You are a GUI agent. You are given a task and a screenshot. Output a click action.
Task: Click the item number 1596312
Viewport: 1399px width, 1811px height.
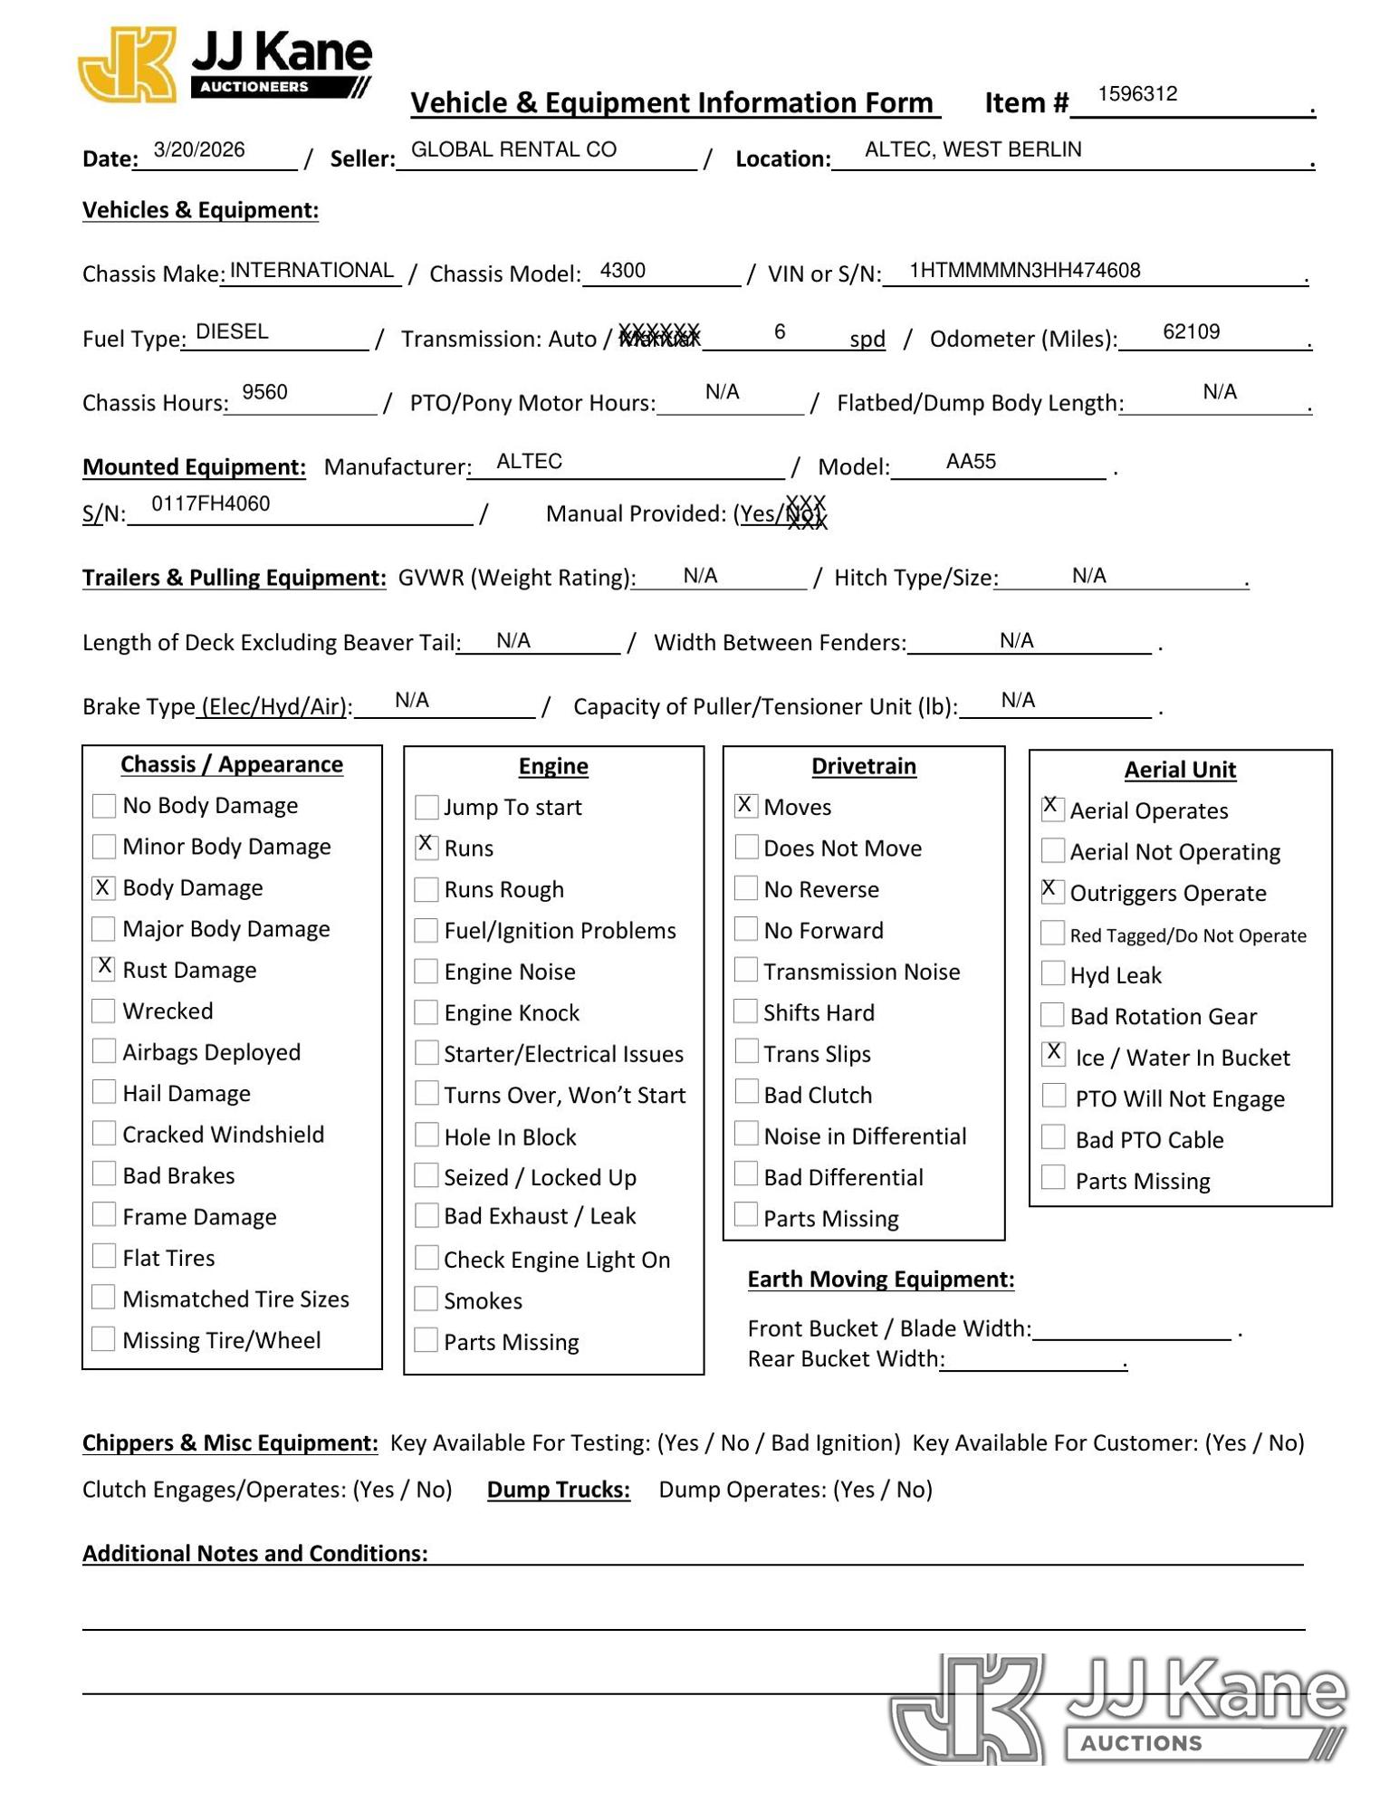1137,94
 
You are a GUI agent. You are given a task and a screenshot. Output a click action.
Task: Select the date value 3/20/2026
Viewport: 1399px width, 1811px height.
199,150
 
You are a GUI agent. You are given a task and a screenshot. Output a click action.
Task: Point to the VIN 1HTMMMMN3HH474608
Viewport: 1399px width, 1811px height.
1024,271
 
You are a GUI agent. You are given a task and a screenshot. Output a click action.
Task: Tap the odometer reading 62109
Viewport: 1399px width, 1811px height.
1191,332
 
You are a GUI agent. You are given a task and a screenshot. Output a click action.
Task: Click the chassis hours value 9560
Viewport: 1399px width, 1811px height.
264,392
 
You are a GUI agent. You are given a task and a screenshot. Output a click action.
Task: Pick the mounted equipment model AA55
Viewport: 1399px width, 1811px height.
971,462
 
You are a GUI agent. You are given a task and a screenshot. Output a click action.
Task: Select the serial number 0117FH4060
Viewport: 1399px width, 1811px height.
210,504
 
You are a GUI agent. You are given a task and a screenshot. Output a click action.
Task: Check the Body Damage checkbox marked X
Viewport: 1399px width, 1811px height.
104,887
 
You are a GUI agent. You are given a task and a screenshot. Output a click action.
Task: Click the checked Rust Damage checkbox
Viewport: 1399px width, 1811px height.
104,969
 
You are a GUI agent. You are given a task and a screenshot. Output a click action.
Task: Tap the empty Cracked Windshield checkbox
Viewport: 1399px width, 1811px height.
104,1134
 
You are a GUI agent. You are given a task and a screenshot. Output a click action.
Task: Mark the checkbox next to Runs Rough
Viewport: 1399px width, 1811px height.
426,889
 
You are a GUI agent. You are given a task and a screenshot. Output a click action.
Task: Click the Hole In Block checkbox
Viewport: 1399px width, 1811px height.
426,1135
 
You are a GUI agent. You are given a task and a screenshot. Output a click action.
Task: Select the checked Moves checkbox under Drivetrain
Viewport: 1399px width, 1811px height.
745,806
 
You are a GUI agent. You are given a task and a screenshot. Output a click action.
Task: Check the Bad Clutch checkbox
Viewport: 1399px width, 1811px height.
745,1093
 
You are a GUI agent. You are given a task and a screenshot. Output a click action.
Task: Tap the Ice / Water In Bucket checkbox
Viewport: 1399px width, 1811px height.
1053,1054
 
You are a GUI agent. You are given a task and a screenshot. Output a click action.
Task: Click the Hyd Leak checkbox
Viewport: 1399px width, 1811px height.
1052,973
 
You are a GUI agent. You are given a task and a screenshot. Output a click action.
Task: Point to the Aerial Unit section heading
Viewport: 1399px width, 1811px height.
1180,770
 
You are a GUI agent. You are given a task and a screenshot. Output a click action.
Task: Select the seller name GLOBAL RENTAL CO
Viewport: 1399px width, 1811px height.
513,150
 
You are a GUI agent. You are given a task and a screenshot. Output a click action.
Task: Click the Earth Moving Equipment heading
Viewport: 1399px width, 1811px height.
880,1279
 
